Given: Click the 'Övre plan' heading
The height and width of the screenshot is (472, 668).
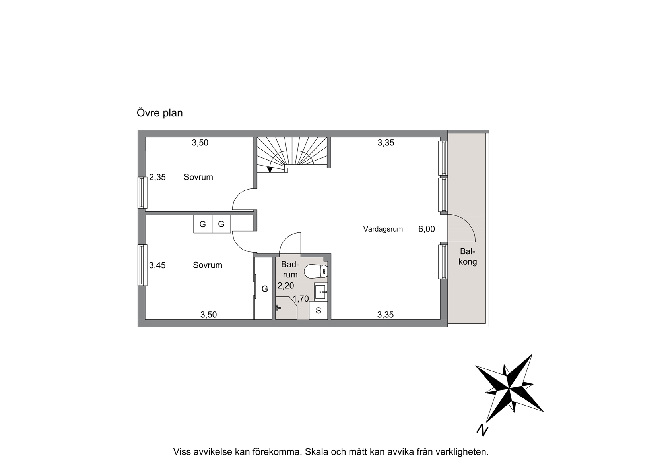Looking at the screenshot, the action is (x=159, y=113).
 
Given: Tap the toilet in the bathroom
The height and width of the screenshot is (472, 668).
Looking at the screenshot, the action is (x=316, y=271).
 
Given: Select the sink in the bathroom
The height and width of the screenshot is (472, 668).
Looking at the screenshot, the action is (x=321, y=292).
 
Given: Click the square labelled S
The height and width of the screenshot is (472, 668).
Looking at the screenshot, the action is (x=318, y=311).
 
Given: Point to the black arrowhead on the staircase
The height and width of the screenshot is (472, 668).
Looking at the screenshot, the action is (x=270, y=170).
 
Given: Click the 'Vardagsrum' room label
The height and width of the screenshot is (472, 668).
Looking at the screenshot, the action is (x=383, y=229).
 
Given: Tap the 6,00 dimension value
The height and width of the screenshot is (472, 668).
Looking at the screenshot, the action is (x=426, y=229).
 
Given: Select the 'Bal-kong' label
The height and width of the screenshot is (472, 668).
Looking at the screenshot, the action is (x=468, y=257).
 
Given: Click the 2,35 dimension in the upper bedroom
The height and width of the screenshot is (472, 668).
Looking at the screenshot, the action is (x=157, y=177).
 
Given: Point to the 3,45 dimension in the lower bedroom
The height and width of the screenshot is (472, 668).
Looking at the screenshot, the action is (x=157, y=265).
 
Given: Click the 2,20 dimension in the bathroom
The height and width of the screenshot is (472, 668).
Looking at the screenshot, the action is (x=285, y=286).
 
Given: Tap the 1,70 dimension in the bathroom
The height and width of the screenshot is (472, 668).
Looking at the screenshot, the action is (x=301, y=299).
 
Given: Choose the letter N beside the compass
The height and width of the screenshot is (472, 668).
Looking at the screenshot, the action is (x=482, y=430).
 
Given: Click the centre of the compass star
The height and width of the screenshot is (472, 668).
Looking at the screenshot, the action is (x=509, y=389).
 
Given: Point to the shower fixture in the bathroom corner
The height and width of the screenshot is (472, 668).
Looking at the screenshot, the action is (x=278, y=308).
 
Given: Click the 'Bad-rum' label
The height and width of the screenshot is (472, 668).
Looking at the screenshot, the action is (x=290, y=269).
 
